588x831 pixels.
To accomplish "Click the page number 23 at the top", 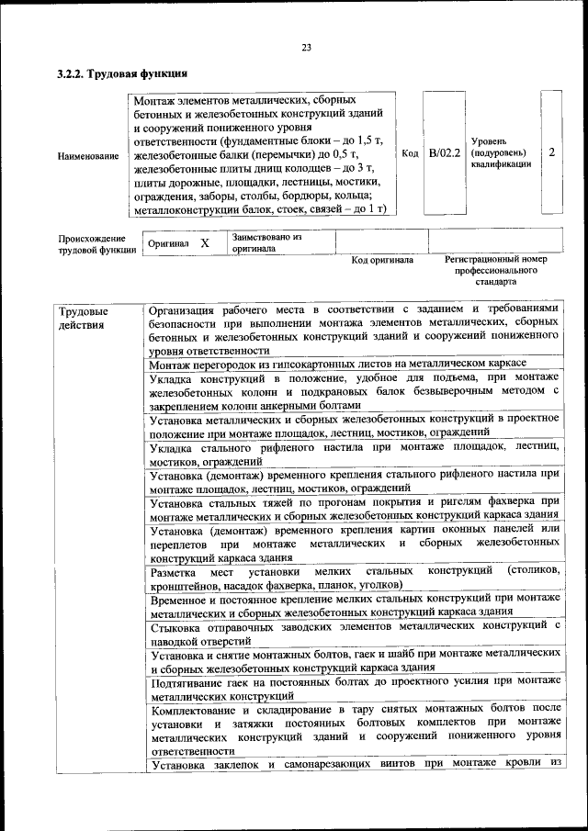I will coord(306,48).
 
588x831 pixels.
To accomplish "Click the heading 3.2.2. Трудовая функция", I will coord(123,73).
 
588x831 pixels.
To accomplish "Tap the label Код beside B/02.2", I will coord(411,153).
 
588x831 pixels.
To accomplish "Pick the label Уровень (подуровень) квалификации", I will coord(501,153).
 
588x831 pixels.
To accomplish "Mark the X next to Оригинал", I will coord(205,243).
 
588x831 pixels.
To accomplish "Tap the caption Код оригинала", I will coord(382,260).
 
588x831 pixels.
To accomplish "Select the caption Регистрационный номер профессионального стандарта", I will coord(495,271).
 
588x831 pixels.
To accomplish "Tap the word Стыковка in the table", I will coord(175,626).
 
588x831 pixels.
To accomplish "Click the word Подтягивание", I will coord(188,680).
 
